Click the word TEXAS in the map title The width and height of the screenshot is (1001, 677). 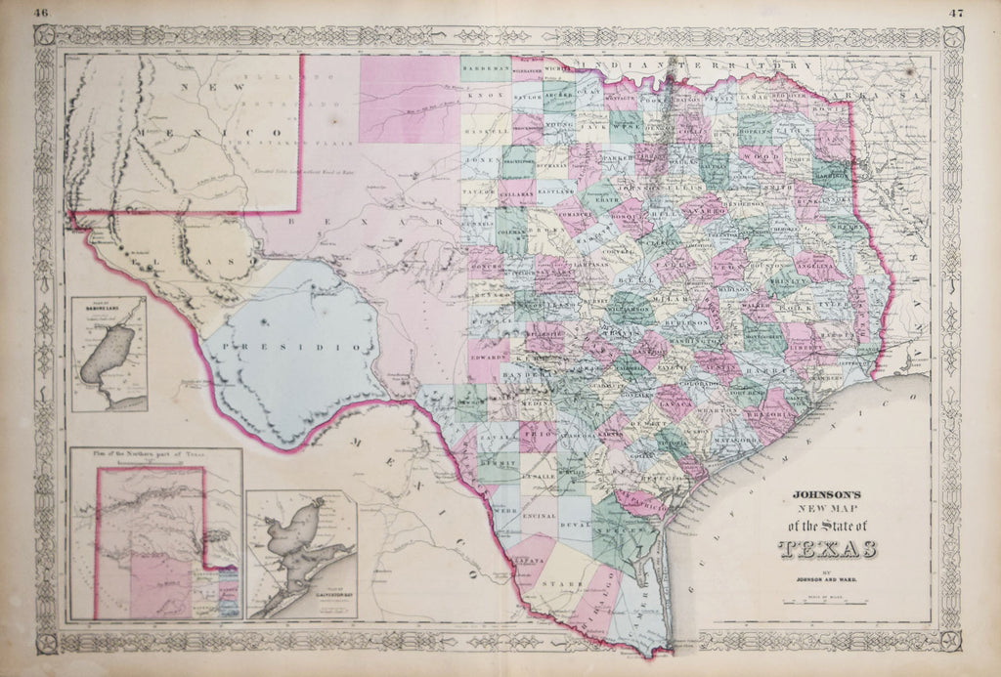[820, 547]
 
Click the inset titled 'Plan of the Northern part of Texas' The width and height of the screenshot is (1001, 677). [155, 534]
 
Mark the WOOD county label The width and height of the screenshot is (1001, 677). [760, 154]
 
